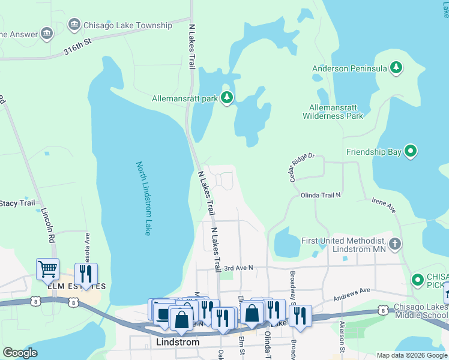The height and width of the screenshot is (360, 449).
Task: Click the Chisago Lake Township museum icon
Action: click(74, 25)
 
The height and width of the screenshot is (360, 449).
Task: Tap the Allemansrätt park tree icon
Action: click(227, 98)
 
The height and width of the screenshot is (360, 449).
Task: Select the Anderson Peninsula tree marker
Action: click(396, 68)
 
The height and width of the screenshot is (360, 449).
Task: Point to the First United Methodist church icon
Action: click(394, 243)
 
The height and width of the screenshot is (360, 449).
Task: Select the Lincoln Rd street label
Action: click(49, 225)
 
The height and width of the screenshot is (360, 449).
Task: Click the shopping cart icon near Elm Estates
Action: click(47, 269)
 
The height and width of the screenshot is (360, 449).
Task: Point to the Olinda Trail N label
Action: click(321, 195)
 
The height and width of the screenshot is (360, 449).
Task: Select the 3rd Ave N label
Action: click(239, 268)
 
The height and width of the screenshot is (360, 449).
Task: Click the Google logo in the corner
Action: click(19, 353)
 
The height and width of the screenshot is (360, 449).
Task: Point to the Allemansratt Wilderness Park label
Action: click(333, 110)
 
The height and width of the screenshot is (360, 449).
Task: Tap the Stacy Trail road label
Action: click(18, 203)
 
